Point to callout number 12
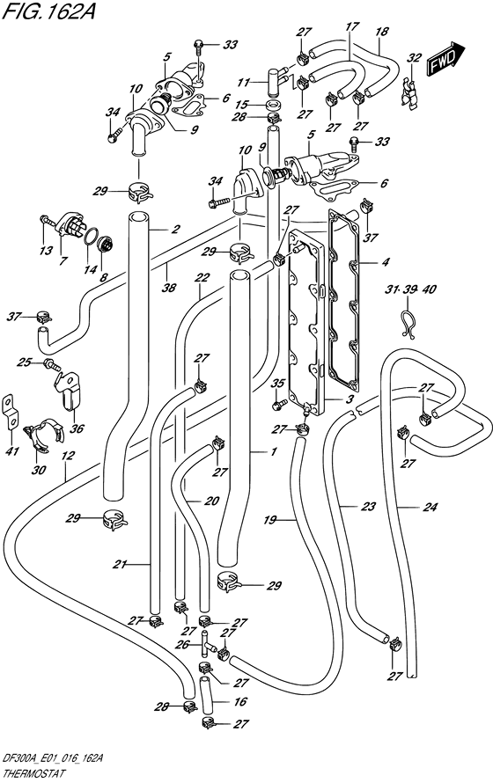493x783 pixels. point(68,455)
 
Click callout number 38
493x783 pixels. point(166,287)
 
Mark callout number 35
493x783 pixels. point(279,383)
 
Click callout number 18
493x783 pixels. point(381,33)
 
